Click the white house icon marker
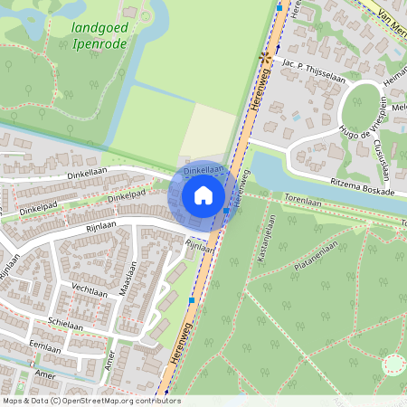click(x=203, y=195)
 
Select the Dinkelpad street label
click(x=126, y=197)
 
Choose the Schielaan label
click(x=67, y=323)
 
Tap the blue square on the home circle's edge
click(x=226, y=211)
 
